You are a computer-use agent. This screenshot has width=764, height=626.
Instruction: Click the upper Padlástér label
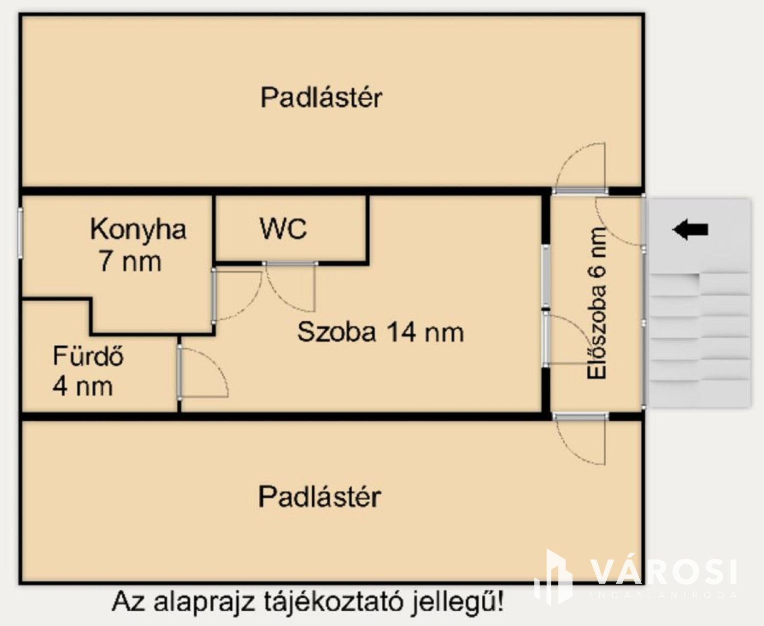(321, 97)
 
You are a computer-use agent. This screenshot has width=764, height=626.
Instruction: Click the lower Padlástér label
(319, 497)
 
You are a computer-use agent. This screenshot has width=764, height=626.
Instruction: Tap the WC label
(283, 228)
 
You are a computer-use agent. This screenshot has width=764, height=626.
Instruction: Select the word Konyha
(138, 230)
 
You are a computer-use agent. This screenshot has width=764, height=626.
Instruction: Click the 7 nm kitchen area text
(131, 262)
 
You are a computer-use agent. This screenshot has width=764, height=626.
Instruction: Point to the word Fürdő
(89, 356)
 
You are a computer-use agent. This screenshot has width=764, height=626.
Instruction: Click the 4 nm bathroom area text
(83, 387)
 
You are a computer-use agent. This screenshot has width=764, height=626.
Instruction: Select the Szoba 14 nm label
(381, 332)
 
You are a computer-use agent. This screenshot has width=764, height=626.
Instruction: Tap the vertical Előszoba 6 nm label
(596, 303)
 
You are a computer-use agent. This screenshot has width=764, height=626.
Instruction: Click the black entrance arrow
(690, 229)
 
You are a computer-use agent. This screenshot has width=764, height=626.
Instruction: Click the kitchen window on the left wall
(20, 233)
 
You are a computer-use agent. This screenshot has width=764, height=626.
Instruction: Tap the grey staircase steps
(699, 338)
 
